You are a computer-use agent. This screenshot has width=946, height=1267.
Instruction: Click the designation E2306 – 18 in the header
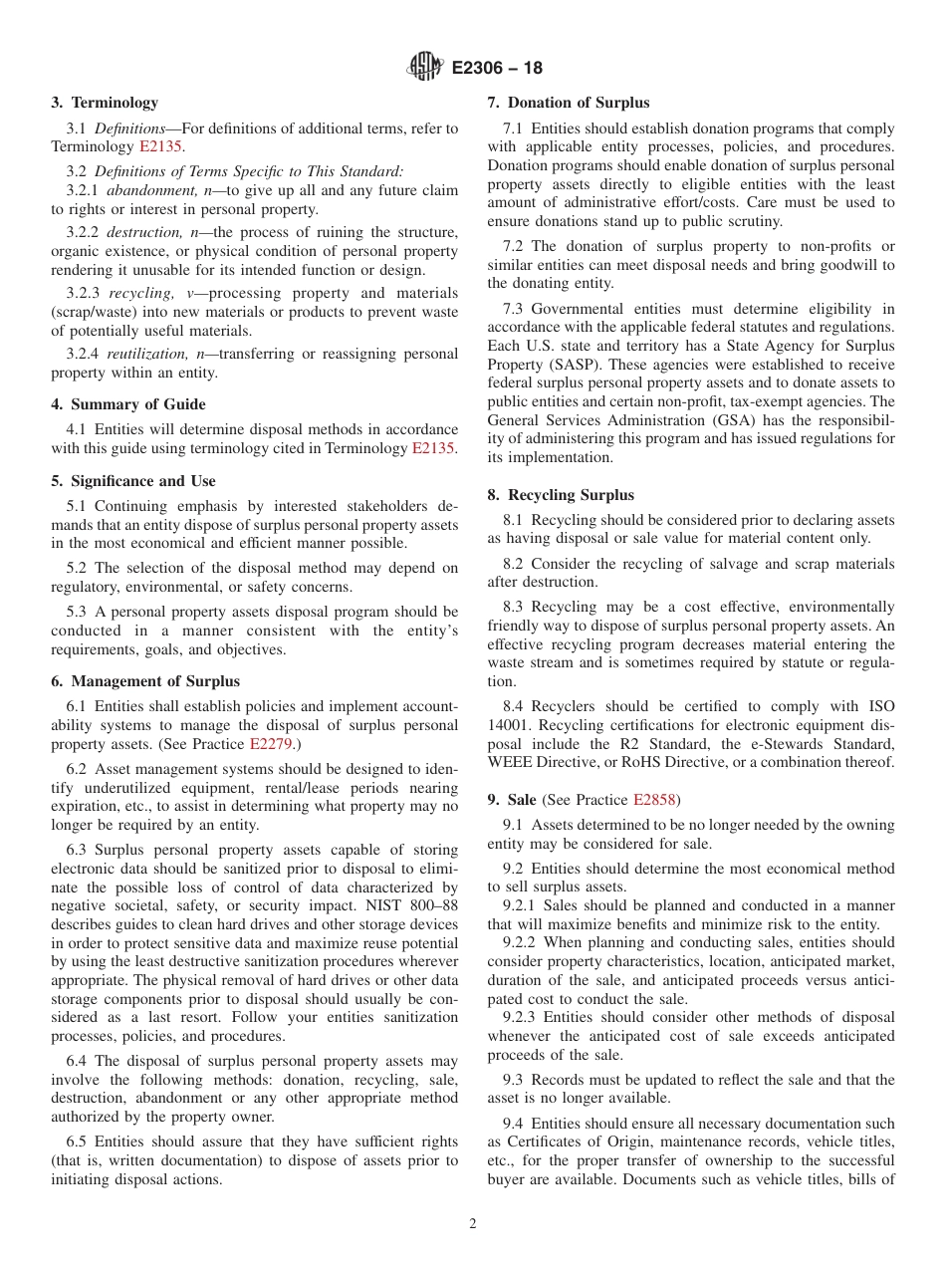(497, 69)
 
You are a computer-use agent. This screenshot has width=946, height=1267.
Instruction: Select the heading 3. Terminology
(105, 103)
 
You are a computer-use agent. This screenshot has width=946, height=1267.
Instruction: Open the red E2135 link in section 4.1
(433, 448)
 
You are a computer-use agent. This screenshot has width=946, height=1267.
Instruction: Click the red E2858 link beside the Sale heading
(654, 800)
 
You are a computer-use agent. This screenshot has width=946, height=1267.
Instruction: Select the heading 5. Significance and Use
(133, 481)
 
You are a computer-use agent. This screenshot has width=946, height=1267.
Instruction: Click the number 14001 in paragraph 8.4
(511, 726)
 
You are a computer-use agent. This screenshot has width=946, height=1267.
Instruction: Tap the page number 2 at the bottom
(473, 1224)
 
